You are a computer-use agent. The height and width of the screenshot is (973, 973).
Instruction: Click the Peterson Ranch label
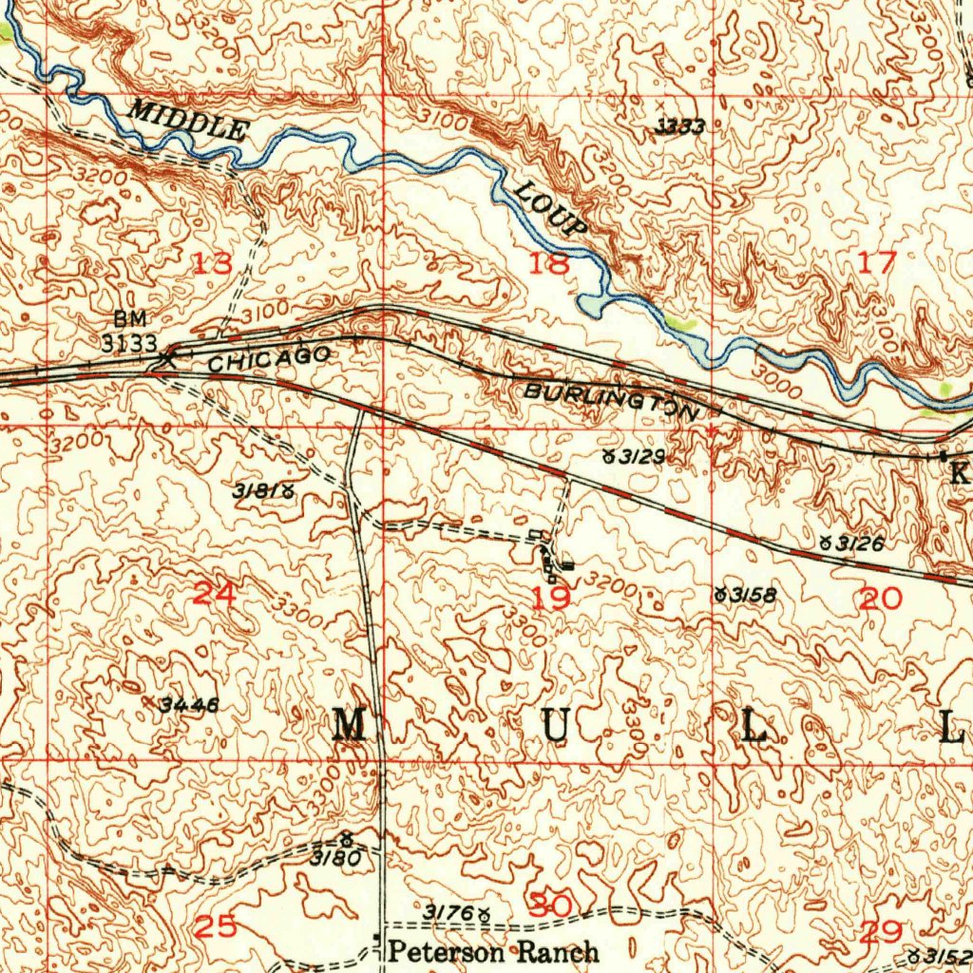click(494, 950)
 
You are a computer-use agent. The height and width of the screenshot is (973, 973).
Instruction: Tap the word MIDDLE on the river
click(189, 121)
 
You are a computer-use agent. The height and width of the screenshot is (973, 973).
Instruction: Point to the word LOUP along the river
click(552, 210)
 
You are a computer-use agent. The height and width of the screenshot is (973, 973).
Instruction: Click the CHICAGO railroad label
click(269, 358)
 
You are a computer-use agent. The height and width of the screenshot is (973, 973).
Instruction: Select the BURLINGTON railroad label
click(609, 399)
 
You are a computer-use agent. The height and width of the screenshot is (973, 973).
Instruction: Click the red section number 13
click(212, 264)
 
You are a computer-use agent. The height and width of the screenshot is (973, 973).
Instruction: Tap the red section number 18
click(549, 263)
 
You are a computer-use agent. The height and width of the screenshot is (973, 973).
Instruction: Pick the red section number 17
click(876, 263)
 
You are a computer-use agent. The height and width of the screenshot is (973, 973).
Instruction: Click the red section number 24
click(215, 595)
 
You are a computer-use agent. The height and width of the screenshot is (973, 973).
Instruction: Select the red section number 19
click(551, 599)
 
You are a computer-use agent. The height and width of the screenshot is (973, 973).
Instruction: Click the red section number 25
click(215, 926)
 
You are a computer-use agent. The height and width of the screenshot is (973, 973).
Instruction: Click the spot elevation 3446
click(189, 705)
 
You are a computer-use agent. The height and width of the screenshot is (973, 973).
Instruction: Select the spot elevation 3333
click(680, 127)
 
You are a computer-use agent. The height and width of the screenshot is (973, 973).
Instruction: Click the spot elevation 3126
click(859, 544)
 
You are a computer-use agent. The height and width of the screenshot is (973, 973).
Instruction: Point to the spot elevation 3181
click(257, 491)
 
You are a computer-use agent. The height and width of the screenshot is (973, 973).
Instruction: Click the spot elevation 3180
click(334, 857)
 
